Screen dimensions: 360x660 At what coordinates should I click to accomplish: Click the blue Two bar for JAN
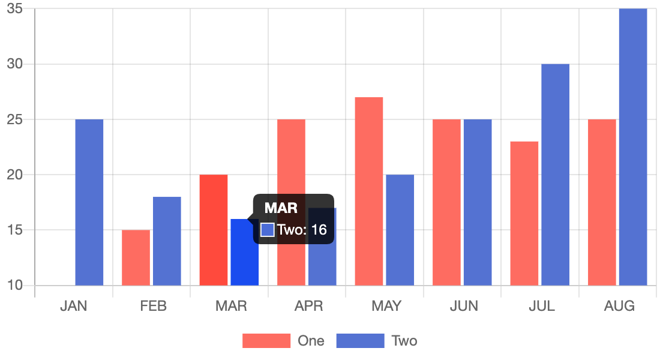(89, 202)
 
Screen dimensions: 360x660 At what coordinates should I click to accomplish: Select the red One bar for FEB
(136, 257)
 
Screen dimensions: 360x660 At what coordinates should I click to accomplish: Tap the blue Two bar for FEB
(167, 241)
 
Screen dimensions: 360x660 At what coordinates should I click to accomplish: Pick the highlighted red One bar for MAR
(214, 230)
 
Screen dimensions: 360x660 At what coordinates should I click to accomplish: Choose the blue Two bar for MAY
(400, 230)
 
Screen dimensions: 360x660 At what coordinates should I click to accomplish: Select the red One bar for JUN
(446, 202)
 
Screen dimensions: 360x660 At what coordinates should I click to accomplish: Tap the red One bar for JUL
(524, 213)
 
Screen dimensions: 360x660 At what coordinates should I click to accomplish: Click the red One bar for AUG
(602, 202)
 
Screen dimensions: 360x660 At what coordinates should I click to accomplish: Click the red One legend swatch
(266, 341)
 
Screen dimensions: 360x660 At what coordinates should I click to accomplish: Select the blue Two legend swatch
(360, 341)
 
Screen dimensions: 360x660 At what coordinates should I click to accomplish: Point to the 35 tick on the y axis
(15, 9)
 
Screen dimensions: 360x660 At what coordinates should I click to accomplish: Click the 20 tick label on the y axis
(15, 175)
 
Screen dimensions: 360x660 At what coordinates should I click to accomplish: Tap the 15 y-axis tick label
(15, 230)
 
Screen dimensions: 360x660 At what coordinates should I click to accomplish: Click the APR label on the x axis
(308, 306)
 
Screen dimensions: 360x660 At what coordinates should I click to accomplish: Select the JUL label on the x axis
(541, 306)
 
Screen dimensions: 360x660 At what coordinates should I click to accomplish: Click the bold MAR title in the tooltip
(281, 208)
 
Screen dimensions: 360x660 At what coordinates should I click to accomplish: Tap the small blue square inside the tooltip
(268, 229)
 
